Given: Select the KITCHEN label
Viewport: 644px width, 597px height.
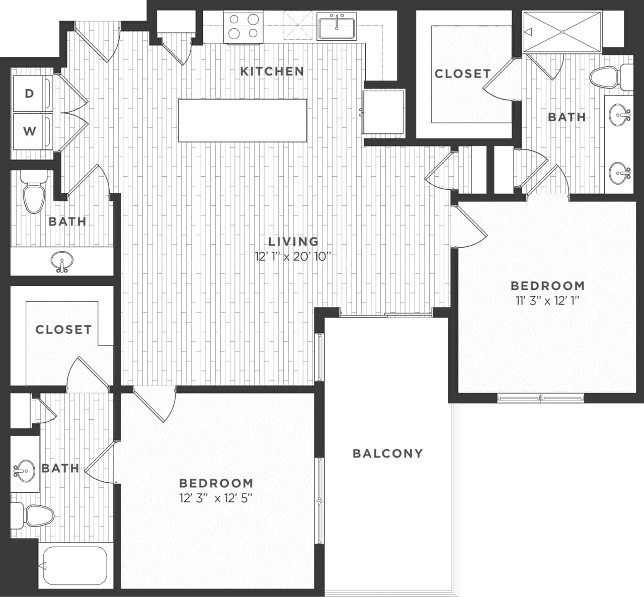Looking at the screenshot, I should pyautogui.click(x=272, y=71).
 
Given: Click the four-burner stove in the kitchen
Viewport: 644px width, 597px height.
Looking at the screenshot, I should pyautogui.click(x=242, y=26).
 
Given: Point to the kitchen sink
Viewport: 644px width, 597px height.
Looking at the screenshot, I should pyautogui.click(x=337, y=26).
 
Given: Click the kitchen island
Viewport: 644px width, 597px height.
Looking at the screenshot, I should pyautogui.click(x=243, y=120).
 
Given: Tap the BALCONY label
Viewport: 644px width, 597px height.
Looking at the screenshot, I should pyautogui.click(x=387, y=453).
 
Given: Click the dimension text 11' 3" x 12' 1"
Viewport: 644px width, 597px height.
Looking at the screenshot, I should pyautogui.click(x=547, y=301).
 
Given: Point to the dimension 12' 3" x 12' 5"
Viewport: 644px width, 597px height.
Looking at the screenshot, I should pyautogui.click(x=215, y=498).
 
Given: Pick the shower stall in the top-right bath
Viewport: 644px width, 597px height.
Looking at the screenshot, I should pyautogui.click(x=562, y=32).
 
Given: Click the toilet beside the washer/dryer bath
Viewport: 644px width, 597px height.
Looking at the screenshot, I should pyautogui.click(x=34, y=194).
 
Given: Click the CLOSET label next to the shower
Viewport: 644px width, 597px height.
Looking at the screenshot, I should pyautogui.click(x=462, y=73).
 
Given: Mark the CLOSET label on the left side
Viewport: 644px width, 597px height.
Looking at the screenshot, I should pyautogui.click(x=63, y=330).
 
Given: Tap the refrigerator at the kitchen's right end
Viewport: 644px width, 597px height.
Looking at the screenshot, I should pyautogui.click(x=384, y=112).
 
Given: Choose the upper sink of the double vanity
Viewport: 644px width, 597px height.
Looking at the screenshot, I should pyautogui.click(x=619, y=115).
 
